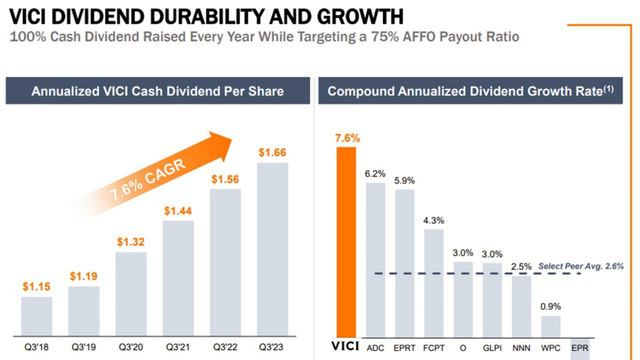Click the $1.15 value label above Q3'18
[x=36, y=287]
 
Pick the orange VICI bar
[x=347, y=240]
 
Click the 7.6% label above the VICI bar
[x=347, y=138]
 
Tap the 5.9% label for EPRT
[x=405, y=181]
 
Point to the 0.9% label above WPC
[x=552, y=306]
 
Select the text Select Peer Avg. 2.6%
[x=581, y=265]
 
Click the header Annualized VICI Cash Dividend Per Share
[x=158, y=92]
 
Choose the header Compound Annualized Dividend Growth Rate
[x=464, y=92]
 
